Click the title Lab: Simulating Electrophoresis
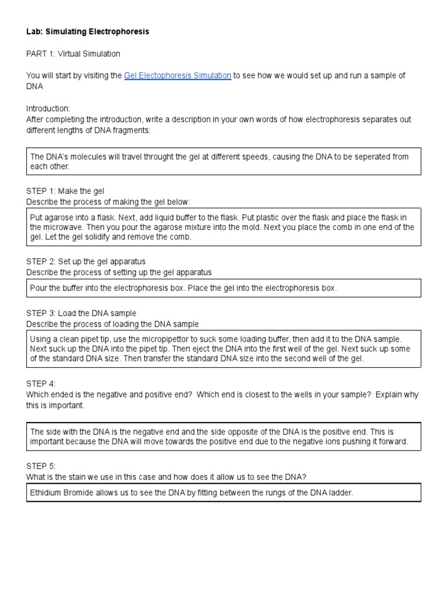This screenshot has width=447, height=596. (87, 32)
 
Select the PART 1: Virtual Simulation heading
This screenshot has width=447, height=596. (73, 54)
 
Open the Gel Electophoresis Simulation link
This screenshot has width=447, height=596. (178, 76)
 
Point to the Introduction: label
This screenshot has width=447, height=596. (48, 109)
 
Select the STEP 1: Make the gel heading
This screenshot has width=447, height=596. (65, 191)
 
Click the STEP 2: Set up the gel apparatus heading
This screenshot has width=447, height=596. (86, 261)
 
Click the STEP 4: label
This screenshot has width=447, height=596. (41, 384)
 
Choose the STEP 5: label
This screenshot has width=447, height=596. (41, 466)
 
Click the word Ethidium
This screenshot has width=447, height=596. (47, 493)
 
